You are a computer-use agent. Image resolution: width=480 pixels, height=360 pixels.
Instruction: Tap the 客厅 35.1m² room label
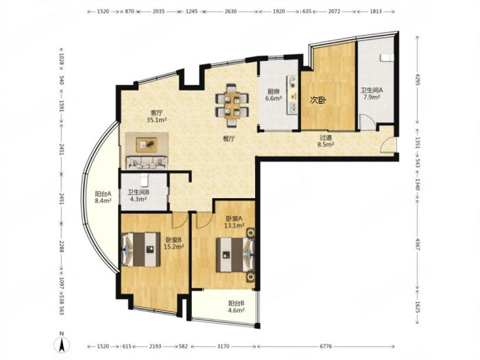pos(156,117)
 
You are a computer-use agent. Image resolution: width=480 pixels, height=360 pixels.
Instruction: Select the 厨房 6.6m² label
pos(274,95)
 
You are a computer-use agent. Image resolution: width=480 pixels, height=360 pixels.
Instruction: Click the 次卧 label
pos(318,100)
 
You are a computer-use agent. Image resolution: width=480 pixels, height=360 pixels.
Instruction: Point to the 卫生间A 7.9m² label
pos(372,94)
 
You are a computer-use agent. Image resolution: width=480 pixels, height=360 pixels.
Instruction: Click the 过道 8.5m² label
pos(326,141)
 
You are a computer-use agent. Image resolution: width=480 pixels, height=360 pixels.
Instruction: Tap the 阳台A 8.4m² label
pos(103,197)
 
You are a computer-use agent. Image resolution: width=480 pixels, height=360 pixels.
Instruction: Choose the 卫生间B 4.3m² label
pos(139,195)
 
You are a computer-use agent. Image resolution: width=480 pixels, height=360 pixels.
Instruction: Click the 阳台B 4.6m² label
pos(236,307)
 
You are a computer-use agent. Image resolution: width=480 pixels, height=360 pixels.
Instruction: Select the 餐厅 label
pos(228,139)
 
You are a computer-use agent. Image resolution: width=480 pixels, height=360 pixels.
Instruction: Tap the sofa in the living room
pos(147,163)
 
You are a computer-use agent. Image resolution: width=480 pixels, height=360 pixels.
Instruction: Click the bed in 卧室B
pos(141,250)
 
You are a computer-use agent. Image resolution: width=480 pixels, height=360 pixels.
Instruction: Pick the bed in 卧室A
pos(235,255)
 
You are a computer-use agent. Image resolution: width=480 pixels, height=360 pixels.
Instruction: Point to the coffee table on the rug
pos(147,145)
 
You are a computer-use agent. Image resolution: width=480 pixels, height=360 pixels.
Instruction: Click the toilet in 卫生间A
pos(386,58)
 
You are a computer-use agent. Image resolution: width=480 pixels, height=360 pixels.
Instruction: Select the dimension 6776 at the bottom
pos(326,346)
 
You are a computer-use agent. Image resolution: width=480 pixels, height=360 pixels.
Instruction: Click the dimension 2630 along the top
pos(230,12)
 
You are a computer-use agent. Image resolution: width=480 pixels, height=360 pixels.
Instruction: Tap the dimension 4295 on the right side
pos(418,82)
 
